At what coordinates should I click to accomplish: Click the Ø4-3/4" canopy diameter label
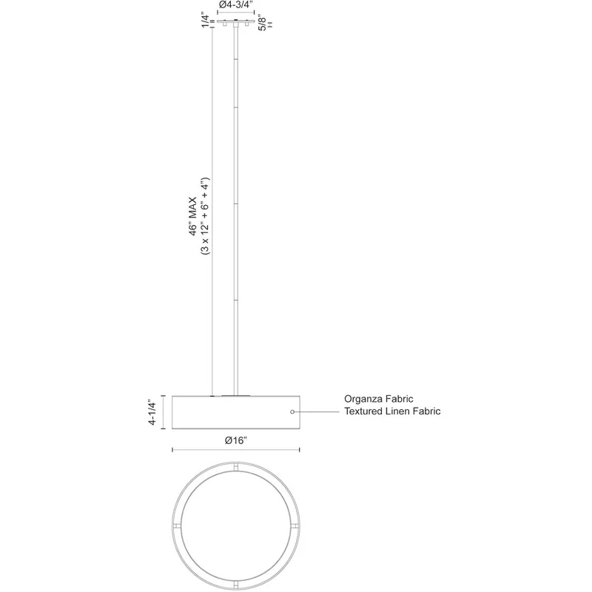pyautogui.click(x=235, y=4)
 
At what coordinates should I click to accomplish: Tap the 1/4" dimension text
pyautogui.click(x=206, y=21)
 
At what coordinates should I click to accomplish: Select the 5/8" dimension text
pyautogui.click(x=262, y=23)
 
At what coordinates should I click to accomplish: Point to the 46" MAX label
pyautogui.click(x=193, y=216)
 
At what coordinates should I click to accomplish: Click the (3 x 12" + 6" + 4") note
pyautogui.click(x=205, y=216)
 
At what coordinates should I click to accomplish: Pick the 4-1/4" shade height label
pyautogui.click(x=152, y=412)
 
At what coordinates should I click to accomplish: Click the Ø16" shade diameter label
pyautogui.click(x=235, y=440)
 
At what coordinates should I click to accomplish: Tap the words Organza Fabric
pyautogui.click(x=378, y=399)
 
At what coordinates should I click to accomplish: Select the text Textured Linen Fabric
pyautogui.click(x=392, y=411)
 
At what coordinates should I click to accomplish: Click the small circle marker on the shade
pyautogui.click(x=292, y=411)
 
